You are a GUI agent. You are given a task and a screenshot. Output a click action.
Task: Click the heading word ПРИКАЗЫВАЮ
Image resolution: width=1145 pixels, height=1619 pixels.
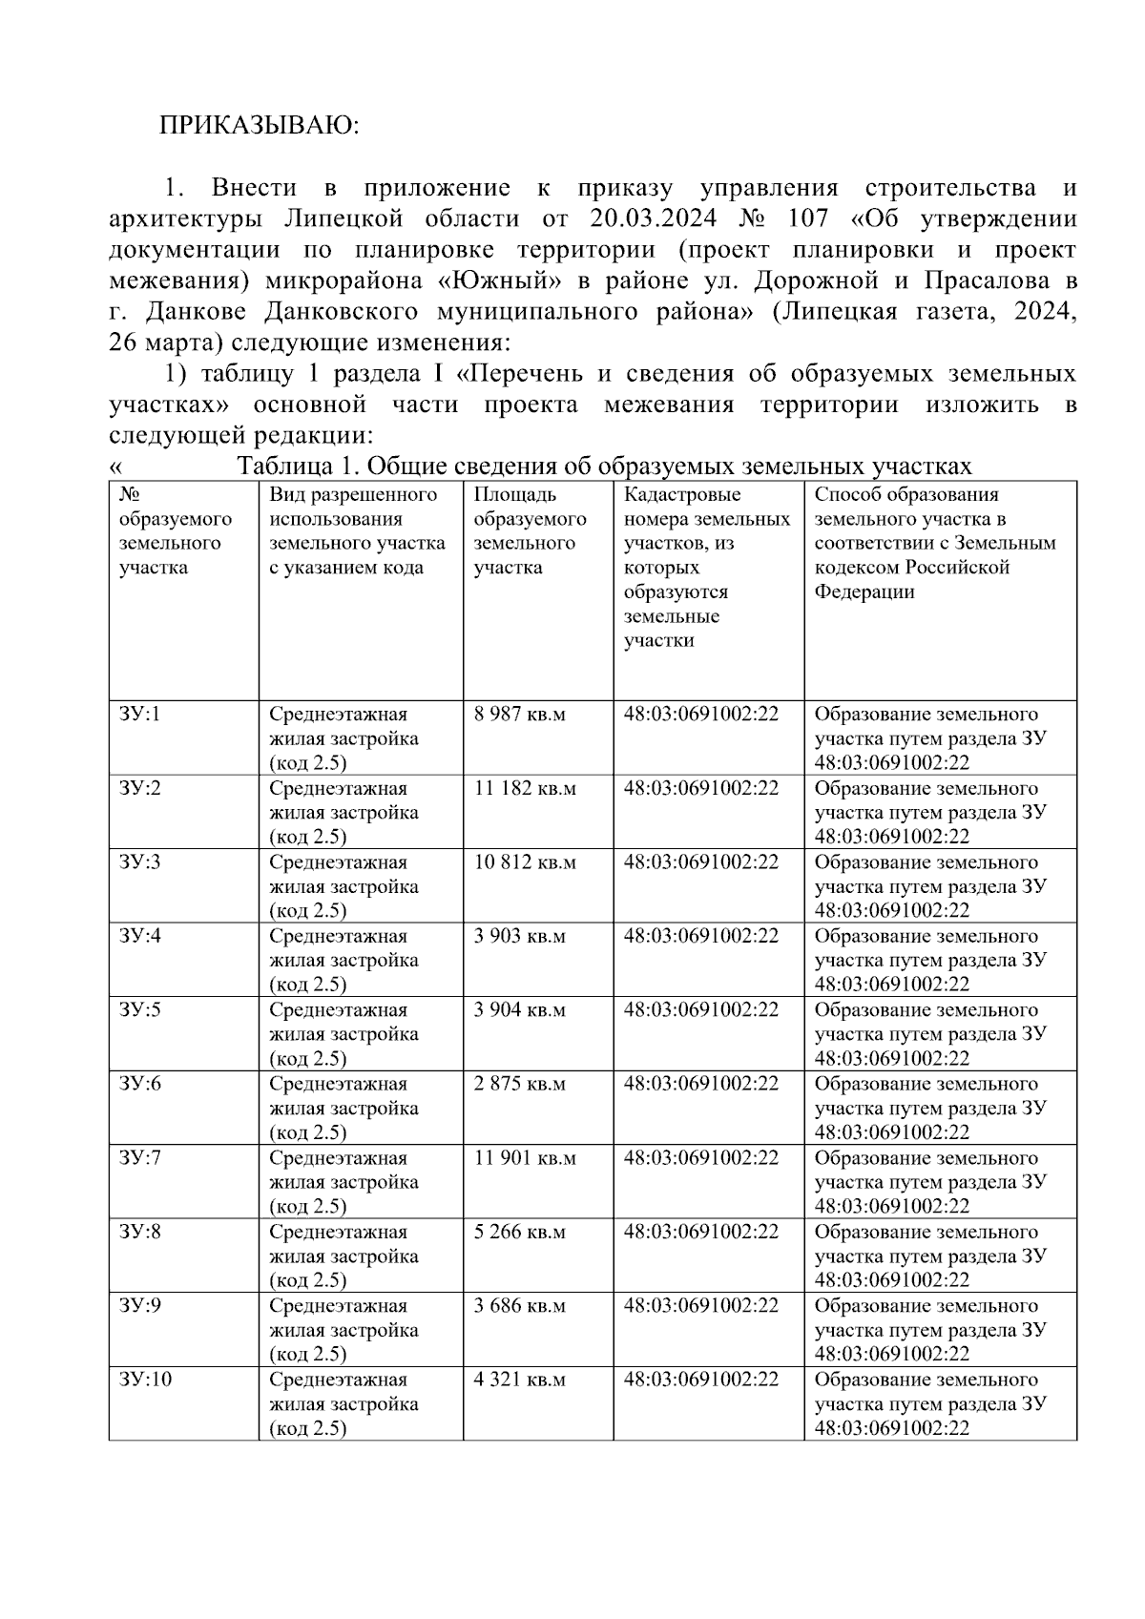259,125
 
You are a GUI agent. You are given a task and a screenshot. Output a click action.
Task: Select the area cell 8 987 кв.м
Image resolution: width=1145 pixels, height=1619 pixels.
520,715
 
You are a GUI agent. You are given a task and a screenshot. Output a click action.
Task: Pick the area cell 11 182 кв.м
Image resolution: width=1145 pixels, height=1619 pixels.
525,789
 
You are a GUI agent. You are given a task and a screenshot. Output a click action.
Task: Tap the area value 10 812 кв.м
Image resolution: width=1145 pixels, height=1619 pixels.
525,862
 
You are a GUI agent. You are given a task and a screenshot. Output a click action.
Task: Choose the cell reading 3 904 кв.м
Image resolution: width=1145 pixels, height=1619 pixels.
520,1010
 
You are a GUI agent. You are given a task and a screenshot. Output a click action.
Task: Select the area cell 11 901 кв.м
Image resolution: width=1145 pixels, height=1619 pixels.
525,1158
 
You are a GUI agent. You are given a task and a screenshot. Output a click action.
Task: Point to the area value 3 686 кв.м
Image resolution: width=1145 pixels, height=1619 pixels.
520,1306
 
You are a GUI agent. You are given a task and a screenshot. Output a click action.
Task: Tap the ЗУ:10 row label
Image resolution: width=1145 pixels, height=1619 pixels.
145,1380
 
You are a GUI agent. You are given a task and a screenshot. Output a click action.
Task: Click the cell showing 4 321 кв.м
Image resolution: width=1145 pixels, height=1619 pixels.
520,1380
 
